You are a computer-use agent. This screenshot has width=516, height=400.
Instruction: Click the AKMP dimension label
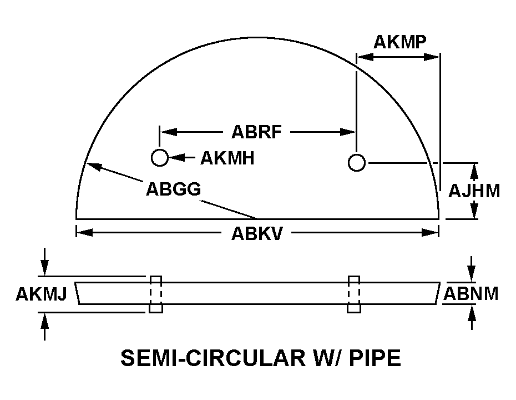400,42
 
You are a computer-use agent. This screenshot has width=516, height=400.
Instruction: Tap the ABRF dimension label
257,132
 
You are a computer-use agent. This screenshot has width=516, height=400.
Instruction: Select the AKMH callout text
227,158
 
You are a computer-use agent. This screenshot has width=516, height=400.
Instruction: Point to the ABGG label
174,189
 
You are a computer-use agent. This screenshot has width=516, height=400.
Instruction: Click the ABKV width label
257,234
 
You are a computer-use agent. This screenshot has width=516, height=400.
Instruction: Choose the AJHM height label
474,191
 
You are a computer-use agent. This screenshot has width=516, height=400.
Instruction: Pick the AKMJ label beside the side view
42,294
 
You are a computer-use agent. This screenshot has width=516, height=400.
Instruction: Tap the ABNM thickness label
471,293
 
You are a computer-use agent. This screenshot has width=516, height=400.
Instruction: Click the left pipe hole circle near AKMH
160,157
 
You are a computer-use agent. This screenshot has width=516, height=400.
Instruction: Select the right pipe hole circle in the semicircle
356,162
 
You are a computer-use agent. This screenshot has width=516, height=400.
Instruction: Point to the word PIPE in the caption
375,358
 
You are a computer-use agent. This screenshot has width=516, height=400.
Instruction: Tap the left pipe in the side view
156,294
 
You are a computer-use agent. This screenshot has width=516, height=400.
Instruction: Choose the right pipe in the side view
354,294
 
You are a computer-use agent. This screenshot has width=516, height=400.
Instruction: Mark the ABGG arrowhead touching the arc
93,166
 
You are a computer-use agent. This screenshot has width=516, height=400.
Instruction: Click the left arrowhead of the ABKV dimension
84,233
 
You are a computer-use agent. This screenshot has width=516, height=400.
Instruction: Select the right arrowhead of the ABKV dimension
431,233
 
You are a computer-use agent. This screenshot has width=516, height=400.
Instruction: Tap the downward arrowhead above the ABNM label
472,273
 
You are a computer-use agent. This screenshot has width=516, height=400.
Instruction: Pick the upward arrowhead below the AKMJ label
44,321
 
